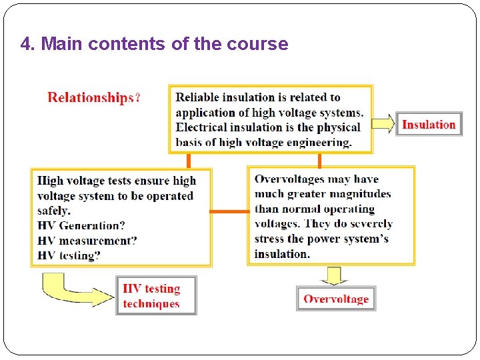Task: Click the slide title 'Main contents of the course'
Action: (154, 44)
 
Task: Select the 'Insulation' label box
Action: (429, 124)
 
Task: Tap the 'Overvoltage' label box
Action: (336, 299)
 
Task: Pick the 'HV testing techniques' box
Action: (156, 295)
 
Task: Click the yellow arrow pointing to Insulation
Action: (383, 124)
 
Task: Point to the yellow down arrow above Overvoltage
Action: (335, 275)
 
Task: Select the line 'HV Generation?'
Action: (81, 225)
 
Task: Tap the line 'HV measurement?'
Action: (87, 240)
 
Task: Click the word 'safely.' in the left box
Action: (54, 211)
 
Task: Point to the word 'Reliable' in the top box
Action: (197, 98)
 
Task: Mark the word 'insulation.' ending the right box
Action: (282, 254)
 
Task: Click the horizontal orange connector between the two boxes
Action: (230, 211)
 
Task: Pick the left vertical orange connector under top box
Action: (189, 160)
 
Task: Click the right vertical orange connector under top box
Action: (319, 160)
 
